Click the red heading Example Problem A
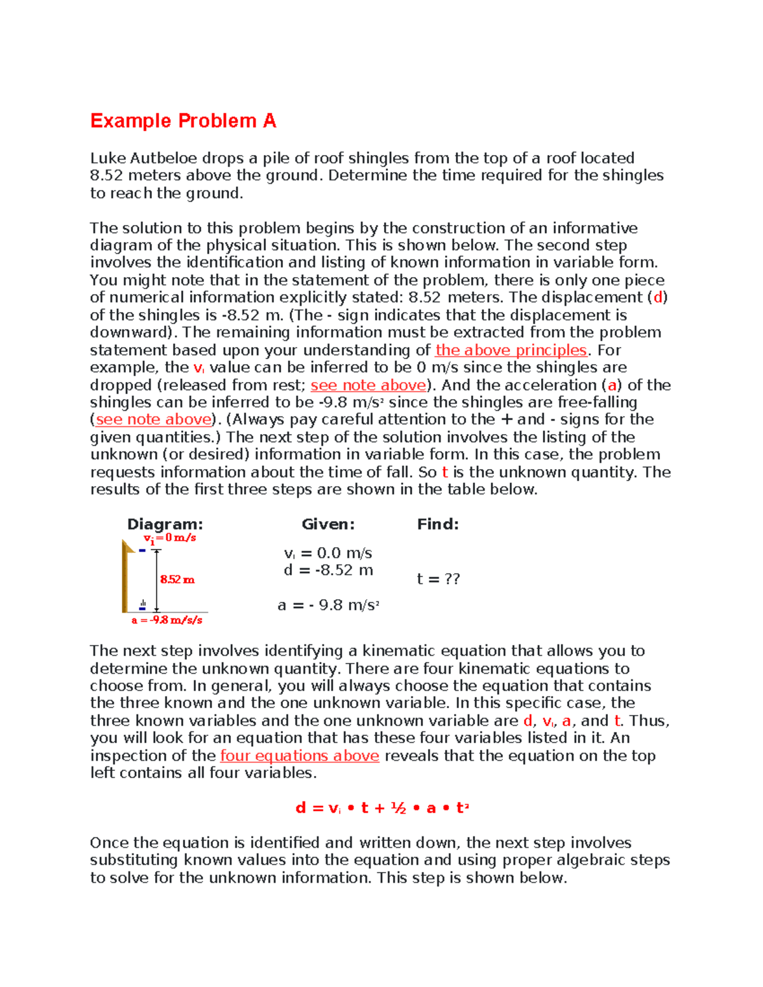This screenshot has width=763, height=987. (x=183, y=121)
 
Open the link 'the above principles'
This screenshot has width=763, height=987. (x=511, y=350)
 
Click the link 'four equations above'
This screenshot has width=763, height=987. (x=299, y=756)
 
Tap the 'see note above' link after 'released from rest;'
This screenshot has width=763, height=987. (x=368, y=385)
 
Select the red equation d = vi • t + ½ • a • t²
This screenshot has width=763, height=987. (x=381, y=808)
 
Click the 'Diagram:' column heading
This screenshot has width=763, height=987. (x=165, y=524)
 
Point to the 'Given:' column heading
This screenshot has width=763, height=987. (x=327, y=524)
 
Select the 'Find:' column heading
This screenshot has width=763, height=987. (x=437, y=524)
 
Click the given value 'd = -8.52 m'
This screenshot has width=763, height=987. (x=328, y=570)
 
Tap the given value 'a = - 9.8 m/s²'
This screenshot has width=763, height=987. (x=328, y=605)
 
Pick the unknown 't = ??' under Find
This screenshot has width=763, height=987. (x=438, y=579)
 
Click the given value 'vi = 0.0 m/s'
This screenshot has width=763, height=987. (x=328, y=553)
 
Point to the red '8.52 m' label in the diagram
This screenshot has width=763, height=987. (x=177, y=580)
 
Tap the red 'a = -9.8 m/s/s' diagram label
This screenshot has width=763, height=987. (x=167, y=620)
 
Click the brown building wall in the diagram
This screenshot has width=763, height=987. (x=125, y=578)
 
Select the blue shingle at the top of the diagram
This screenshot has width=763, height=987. (x=142, y=550)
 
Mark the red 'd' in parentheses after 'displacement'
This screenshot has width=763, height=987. (x=658, y=297)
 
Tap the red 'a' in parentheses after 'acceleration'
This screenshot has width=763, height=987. (x=612, y=385)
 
